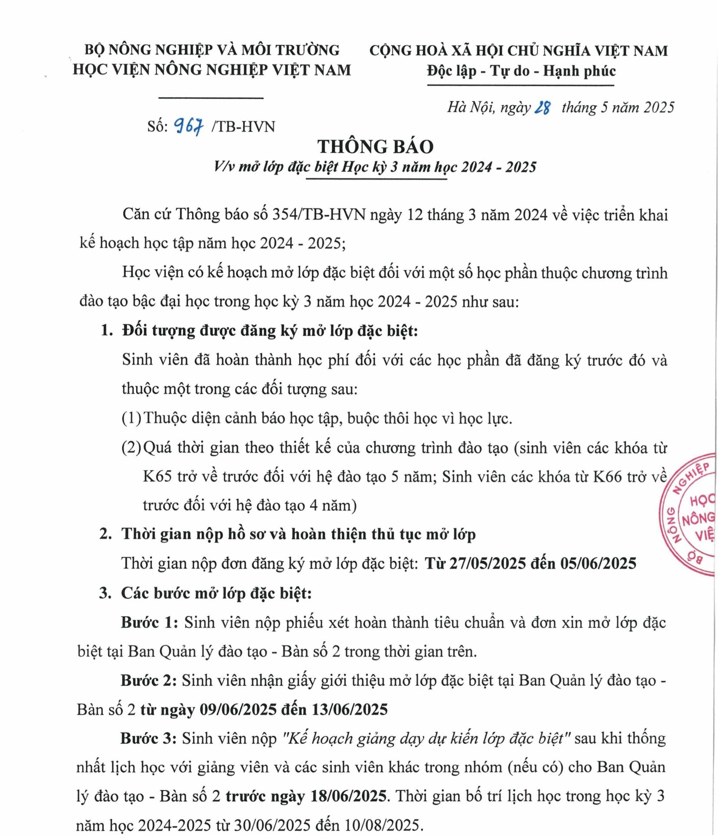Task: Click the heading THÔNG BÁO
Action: (x=375, y=147)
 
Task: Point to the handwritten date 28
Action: (x=542, y=107)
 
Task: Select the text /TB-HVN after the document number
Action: (x=243, y=127)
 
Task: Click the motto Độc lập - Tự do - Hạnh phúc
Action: (x=521, y=70)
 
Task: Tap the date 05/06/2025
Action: (x=598, y=563)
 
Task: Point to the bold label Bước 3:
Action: (x=148, y=738)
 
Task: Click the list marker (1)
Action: (x=131, y=418)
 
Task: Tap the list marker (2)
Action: (x=131, y=448)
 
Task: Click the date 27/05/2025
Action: (x=488, y=563)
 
